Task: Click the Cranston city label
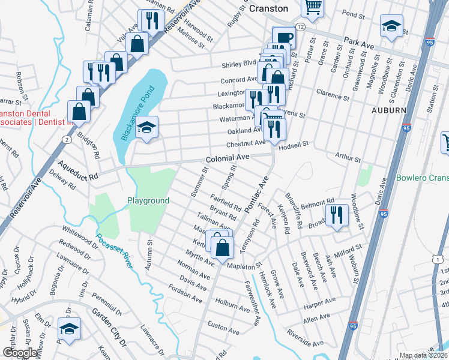pyautogui.click(x=269, y=8)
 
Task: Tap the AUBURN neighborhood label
pyautogui.click(x=388, y=111)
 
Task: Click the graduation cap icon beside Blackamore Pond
pyautogui.click(x=146, y=127)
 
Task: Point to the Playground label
pyautogui.click(x=148, y=200)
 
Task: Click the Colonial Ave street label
pyautogui.click(x=227, y=159)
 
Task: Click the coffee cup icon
pyautogui.click(x=285, y=37)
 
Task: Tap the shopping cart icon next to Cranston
pyautogui.click(x=313, y=7)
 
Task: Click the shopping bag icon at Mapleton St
pyautogui.click(x=222, y=247)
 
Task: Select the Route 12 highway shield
pyautogui.click(x=300, y=28)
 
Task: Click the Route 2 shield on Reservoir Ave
pyautogui.click(x=65, y=139)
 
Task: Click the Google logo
pyautogui.click(x=19, y=353)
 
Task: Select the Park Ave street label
pyautogui.click(x=359, y=42)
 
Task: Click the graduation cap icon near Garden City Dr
pyautogui.click(x=69, y=329)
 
